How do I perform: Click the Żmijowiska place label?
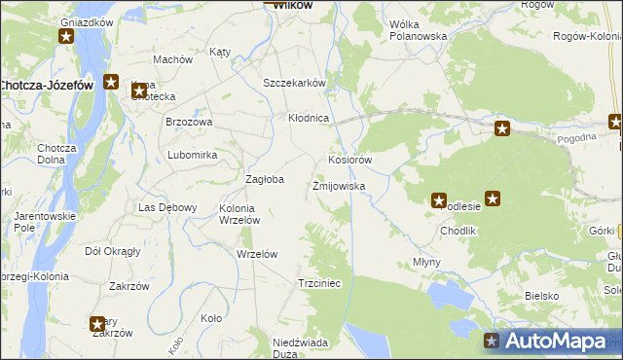pyautogui.click(x=338, y=185)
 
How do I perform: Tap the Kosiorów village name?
pyautogui.click(x=350, y=160)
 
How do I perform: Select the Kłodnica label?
pyautogui.click(x=310, y=118)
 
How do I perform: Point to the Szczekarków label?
pyautogui.click(x=293, y=83)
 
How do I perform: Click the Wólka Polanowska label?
pyautogui.click(x=417, y=29)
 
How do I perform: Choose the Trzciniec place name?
pyautogui.click(x=318, y=283)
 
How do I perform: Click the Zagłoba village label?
pyautogui.click(x=264, y=179)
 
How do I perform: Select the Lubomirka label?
pyautogui.click(x=192, y=155)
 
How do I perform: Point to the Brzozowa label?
pyautogui.click(x=189, y=122)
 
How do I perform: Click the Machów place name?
pyautogui.click(x=172, y=59)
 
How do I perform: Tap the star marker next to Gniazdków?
pyautogui.click(x=66, y=37)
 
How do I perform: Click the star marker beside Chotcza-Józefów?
pyautogui.click(x=112, y=84)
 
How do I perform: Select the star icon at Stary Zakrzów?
pyautogui.click(x=97, y=324)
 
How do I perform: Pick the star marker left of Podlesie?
pyautogui.click(x=438, y=199)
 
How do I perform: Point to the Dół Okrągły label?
pyautogui.click(x=113, y=250)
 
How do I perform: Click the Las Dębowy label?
pyautogui.click(x=168, y=207)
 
